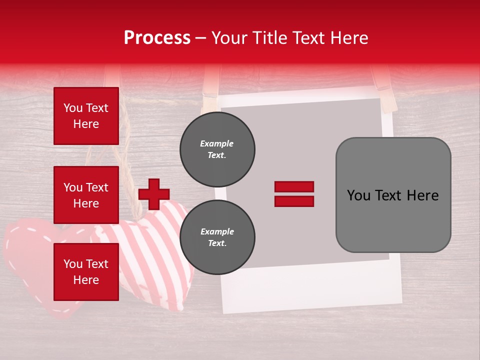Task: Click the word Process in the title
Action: tap(157, 38)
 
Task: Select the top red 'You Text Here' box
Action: tap(86, 116)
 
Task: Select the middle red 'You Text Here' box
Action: tap(86, 195)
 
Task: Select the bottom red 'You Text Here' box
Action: tap(86, 271)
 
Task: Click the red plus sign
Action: tap(154, 194)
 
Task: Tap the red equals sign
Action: tap(294, 194)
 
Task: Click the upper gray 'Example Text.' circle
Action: tap(217, 149)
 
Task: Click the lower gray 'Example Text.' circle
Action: tap(217, 237)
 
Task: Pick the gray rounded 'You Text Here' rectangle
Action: tap(393, 194)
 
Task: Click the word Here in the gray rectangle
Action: tap(422, 195)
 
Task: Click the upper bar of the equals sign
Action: tap(294, 187)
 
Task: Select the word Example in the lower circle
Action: tap(217, 231)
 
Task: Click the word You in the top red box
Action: tap(73, 108)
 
